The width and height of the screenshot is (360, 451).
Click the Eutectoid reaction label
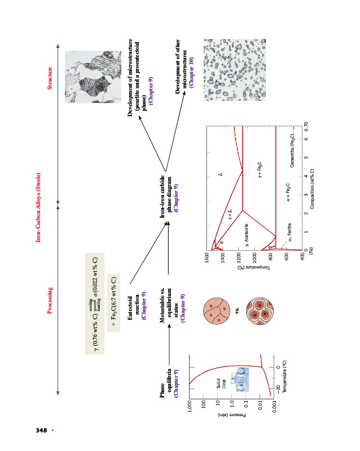pyautogui.click(x=137, y=304)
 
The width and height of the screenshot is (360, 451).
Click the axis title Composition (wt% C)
pyautogui.click(x=312, y=189)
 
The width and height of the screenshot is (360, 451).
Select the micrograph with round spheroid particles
pyautogui.click(x=225, y=70)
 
